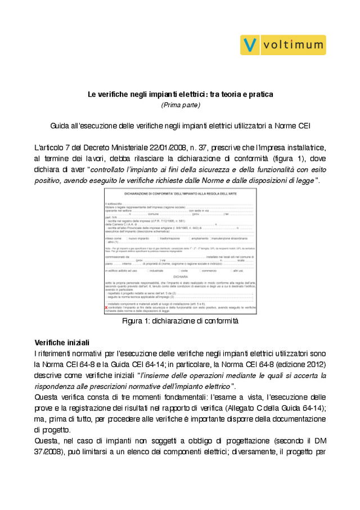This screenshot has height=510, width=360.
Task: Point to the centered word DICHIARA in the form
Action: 180,277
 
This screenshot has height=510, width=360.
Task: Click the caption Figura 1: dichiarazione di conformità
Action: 180,321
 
